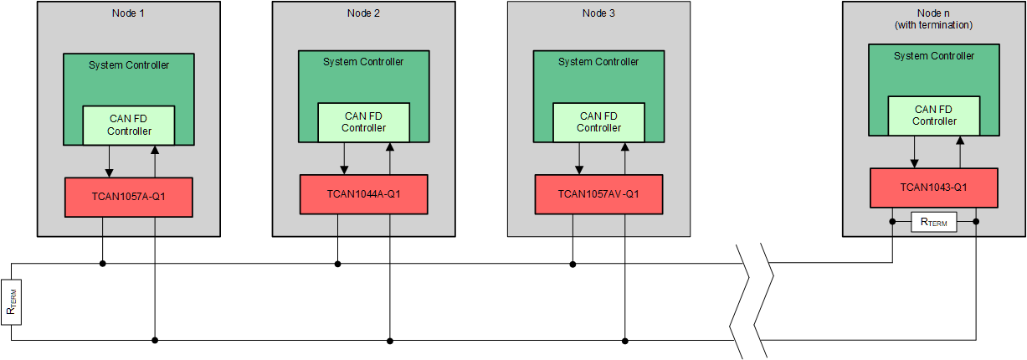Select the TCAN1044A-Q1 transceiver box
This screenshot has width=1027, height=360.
(x=363, y=194)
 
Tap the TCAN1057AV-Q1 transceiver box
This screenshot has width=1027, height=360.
(x=598, y=194)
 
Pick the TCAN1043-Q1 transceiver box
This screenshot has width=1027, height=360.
(x=933, y=188)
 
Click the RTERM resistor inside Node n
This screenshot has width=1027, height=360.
(x=934, y=222)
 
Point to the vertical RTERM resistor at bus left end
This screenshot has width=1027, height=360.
(x=11, y=302)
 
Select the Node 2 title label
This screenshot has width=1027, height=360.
(x=363, y=13)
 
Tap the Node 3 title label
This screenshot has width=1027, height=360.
(x=598, y=13)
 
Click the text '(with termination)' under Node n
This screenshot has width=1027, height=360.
(x=933, y=25)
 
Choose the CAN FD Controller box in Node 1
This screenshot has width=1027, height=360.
(x=129, y=126)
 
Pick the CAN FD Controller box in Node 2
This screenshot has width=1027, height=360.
(x=363, y=122)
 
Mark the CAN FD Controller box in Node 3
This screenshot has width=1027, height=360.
(x=598, y=122)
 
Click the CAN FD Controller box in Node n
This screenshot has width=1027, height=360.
(x=934, y=116)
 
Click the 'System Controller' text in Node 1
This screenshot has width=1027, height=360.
(x=129, y=64)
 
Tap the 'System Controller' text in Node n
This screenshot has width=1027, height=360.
(x=934, y=56)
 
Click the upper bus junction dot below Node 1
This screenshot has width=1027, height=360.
(x=102, y=264)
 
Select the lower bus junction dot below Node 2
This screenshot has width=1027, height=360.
(x=390, y=341)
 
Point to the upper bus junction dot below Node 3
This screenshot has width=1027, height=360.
(x=573, y=264)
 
